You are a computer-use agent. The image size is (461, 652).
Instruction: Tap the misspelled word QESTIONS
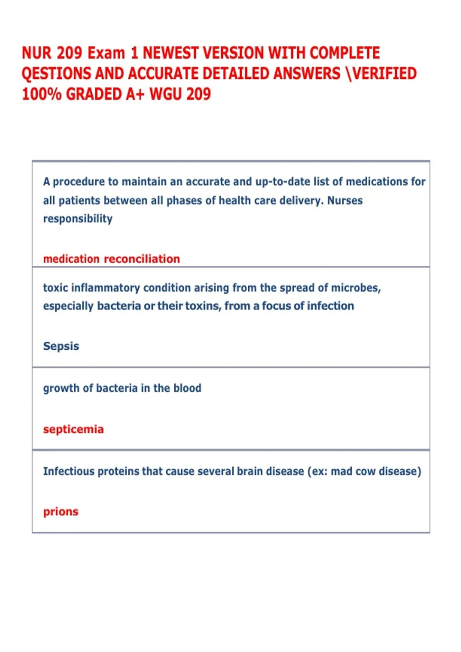(56, 74)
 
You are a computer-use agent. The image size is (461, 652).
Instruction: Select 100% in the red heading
(41, 94)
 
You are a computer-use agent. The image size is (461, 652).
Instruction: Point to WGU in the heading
(165, 94)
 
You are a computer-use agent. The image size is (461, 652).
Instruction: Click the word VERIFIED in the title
(384, 74)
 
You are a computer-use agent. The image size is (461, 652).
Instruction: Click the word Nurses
(345, 201)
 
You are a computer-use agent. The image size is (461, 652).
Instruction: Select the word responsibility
(78, 219)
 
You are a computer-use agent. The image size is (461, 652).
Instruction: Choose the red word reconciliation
(142, 259)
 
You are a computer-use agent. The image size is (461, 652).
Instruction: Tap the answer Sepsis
(61, 346)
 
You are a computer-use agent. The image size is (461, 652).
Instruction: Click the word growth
(61, 389)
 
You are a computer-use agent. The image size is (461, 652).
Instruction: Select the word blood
(187, 388)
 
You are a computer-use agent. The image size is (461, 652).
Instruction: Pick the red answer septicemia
(73, 429)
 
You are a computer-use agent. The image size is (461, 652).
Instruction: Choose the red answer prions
(61, 512)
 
